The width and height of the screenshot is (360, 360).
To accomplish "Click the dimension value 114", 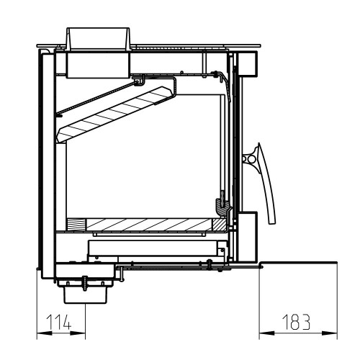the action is [59, 322].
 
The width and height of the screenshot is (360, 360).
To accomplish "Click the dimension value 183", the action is [296, 322].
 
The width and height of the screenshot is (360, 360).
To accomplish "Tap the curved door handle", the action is [266, 182].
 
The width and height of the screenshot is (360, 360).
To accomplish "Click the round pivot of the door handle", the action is [251, 159].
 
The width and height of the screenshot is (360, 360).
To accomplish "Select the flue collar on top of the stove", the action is [98, 39].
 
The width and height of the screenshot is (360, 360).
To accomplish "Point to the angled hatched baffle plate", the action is [114, 114].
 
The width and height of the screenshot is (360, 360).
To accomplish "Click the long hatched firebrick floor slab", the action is [149, 225].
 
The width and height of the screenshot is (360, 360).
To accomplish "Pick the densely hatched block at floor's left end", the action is [76, 225].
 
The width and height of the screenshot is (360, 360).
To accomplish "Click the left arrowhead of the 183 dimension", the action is [266, 333].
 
